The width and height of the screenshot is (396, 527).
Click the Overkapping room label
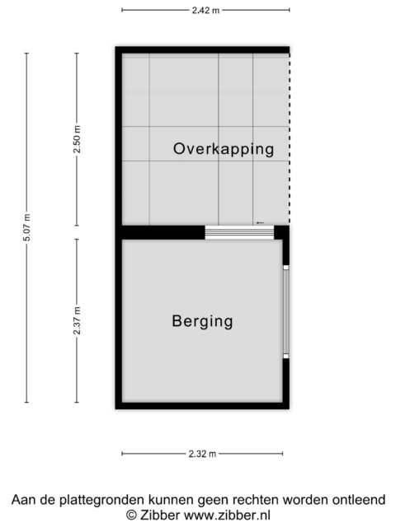click(x=223, y=149)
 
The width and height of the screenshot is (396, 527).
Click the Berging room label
click(x=202, y=320)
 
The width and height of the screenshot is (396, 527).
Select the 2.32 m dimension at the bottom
click(x=201, y=454)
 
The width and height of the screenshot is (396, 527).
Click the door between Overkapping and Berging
click(x=238, y=233)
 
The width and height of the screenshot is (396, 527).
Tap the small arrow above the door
click(x=260, y=222)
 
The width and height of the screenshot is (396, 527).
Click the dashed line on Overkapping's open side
click(x=290, y=140)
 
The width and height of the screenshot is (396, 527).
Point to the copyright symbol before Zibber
click(x=130, y=515)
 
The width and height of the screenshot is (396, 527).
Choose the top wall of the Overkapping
click(x=203, y=49)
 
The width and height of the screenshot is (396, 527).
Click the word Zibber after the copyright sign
click(x=156, y=515)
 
